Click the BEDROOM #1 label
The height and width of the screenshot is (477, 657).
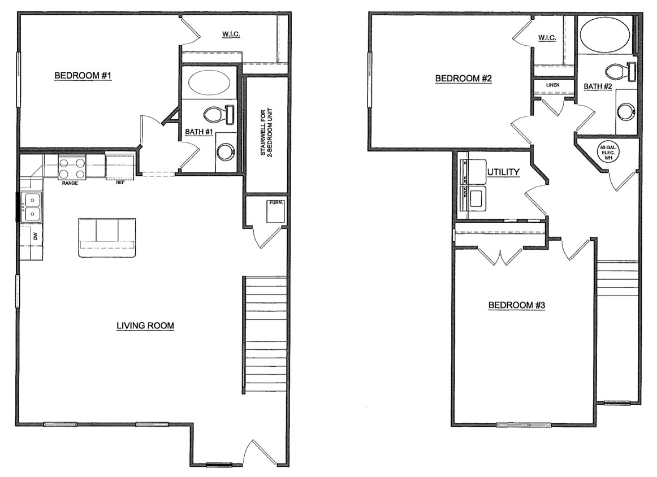(83, 76)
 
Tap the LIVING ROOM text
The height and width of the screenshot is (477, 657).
(145, 326)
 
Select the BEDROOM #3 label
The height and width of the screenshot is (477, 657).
(516, 305)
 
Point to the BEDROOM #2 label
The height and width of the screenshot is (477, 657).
(463, 79)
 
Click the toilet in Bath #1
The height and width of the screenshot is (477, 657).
(218, 115)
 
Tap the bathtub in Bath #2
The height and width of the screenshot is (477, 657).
(605, 35)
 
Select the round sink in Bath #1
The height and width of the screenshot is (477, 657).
(226, 151)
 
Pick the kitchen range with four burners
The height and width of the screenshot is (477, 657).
(72, 168)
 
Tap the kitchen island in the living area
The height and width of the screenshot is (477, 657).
(107, 237)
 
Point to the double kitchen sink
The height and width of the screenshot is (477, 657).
(31, 207)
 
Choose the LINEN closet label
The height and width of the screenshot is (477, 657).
(552, 85)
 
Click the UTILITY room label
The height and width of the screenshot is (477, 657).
(503, 172)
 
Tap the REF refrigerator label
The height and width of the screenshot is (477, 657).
(119, 183)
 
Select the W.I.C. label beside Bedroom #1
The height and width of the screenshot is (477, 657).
(231, 35)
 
